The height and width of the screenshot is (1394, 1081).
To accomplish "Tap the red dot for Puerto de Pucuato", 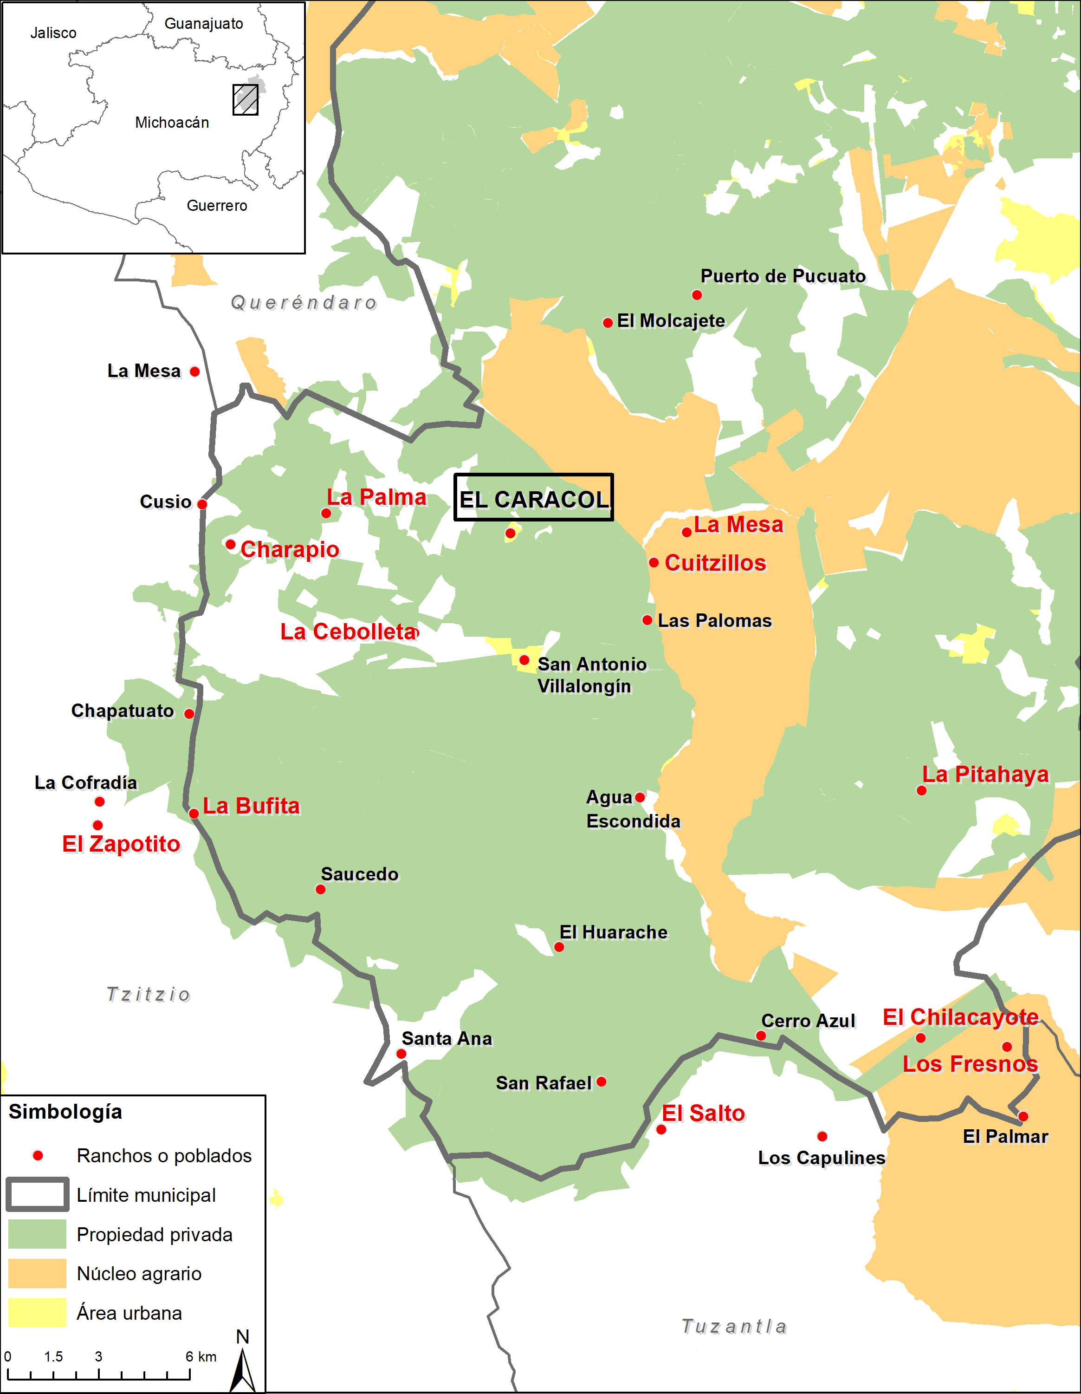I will click(x=697, y=295).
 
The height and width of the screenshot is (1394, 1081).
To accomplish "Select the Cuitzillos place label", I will click(x=715, y=563).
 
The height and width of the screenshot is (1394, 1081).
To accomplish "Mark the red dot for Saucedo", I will click(x=320, y=890).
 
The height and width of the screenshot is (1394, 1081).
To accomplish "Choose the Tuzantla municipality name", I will click(x=734, y=1326).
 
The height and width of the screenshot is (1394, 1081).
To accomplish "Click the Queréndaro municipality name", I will click(x=304, y=303).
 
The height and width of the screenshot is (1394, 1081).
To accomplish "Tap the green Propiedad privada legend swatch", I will click(x=37, y=1234).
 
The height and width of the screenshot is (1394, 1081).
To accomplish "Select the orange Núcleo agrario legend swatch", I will click(x=37, y=1273).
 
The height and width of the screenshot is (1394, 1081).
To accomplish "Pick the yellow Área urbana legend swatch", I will click(x=37, y=1313).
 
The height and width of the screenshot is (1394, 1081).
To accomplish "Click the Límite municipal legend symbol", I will click(x=37, y=1195).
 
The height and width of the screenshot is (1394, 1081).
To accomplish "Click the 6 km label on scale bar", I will click(x=201, y=1356).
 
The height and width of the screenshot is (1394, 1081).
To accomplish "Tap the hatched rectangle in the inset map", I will click(x=245, y=99).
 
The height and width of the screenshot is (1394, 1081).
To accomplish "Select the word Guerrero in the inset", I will click(x=217, y=206).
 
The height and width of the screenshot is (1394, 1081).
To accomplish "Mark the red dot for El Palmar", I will click(x=1023, y=1116).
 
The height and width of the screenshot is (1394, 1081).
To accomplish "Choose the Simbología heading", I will click(x=65, y=1111).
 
